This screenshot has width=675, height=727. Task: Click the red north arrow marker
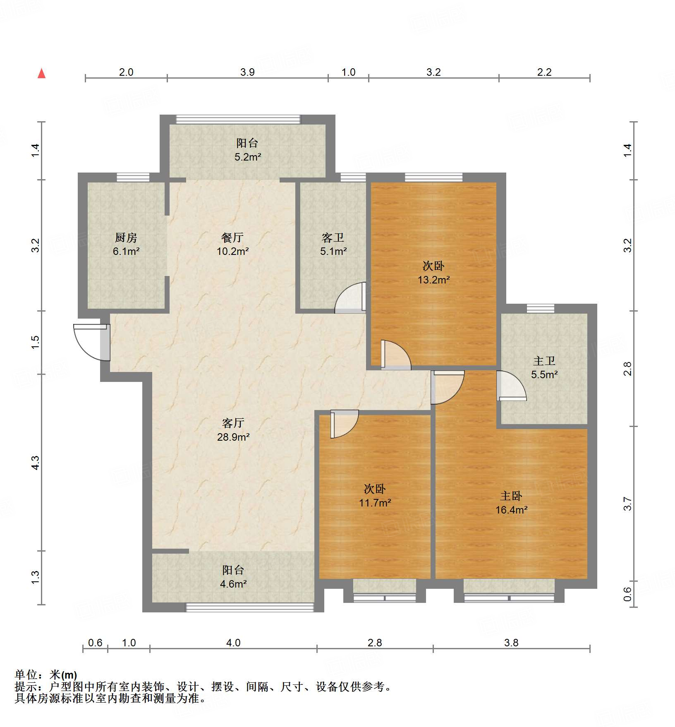pyautogui.click(x=41, y=74)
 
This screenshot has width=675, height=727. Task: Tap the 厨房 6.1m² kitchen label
pyautogui.click(x=126, y=244)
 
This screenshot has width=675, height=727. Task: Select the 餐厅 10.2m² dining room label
pyautogui.click(x=232, y=244)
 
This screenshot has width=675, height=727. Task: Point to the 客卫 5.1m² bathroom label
pyautogui.click(x=333, y=244)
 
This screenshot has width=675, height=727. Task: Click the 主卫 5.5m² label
pyautogui.click(x=544, y=367)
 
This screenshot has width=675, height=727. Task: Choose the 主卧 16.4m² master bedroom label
pyautogui.click(x=512, y=503)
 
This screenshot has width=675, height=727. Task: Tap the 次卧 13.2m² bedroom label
pyautogui.click(x=433, y=272)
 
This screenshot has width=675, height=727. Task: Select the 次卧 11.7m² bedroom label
pyautogui.click(x=375, y=496)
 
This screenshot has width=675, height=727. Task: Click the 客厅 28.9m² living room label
pyautogui.click(x=233, y=429)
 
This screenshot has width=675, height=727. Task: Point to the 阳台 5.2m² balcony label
pyautogui.click(x=247, y=150)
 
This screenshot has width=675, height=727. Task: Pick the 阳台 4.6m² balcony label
pyautogui.click(x=233, y=577)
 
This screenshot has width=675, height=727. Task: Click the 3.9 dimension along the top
pyautogui.click(x=247, y=72)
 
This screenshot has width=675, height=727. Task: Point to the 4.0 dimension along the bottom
pyautogui.click(x=233, y=643)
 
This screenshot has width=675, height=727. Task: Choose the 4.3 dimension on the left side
pyautogui.click(x=36, y=462)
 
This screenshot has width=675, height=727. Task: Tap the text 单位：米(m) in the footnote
pyautogui.click(x=46, y=675)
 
